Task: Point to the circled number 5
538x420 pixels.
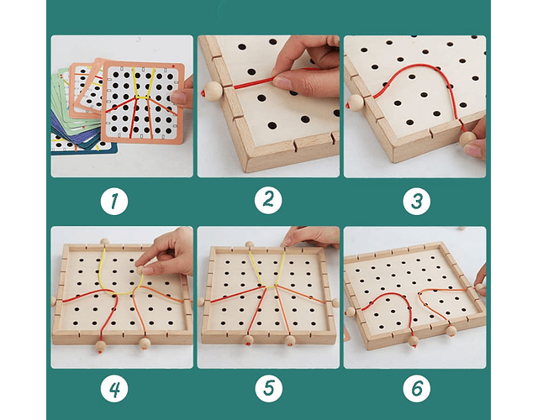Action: point(267,389)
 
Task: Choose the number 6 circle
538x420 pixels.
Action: point(414,389)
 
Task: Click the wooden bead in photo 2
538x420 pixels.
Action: point(214,91)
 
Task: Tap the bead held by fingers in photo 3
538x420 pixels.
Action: point(466,138)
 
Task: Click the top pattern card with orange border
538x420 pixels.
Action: point(143,101)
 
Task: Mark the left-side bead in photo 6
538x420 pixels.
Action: point(351,312)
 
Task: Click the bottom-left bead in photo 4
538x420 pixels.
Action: point(100,344)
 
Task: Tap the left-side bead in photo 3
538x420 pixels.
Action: point(355,102)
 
